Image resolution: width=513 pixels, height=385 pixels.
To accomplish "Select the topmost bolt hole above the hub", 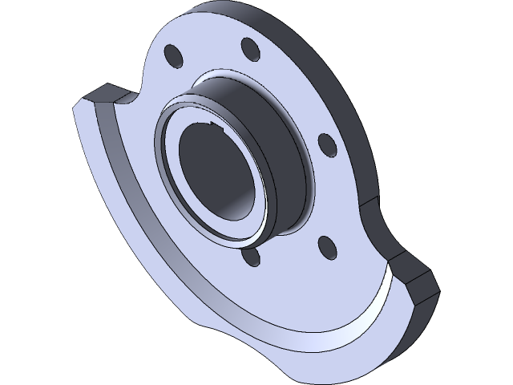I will [249, 49].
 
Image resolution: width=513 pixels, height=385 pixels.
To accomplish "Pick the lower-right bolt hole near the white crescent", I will [325, 246].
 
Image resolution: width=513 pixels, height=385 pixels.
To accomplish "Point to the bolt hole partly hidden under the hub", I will [251, 257].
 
